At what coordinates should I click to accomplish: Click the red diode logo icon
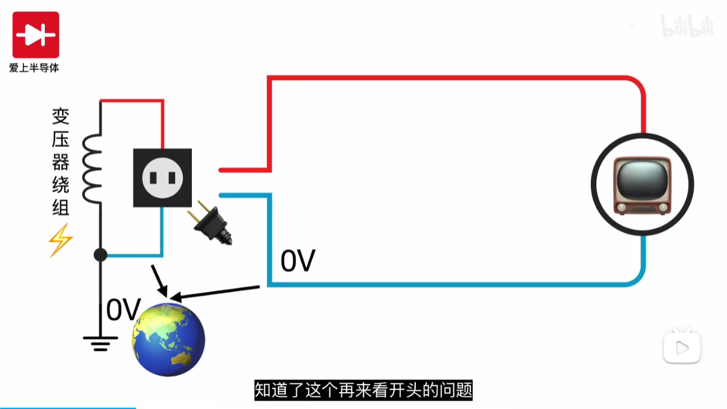click(x=35, y=35)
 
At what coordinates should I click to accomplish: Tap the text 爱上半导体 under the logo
click(x=34, y=68)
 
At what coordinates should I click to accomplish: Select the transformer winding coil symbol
click(x=93, y=167)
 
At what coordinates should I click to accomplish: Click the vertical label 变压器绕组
click(x=61, y=162)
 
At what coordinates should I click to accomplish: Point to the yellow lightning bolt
click(x=60, y=240)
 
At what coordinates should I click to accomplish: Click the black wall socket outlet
click(x=162, y=178)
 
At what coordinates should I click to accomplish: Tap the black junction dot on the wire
click(x=101, y=255)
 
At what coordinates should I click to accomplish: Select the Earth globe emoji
click(x=168, y=338)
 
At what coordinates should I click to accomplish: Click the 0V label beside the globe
click(x=123, y=310)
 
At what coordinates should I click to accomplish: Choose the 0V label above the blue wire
click(x=298, y=261)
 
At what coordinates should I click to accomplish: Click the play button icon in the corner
click(x=682, y=348)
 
